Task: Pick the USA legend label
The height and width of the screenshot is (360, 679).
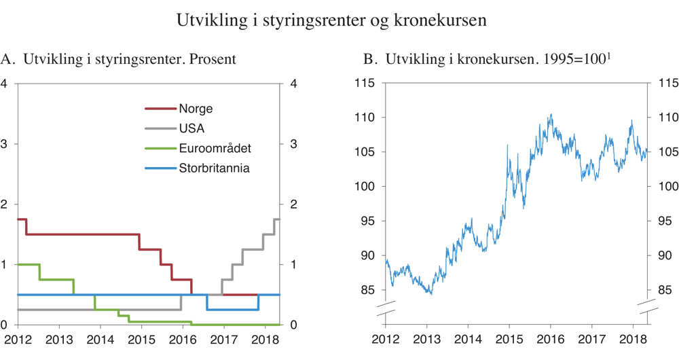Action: [x=191, y=128]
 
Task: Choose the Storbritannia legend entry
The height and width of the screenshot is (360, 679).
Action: [x=214, y=168]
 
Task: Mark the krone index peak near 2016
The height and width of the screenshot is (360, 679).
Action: [x=550, y=114]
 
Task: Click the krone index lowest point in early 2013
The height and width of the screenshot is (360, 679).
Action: [x=430, y=293]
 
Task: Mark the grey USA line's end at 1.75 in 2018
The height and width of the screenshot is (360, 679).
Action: [x=278, y=219]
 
